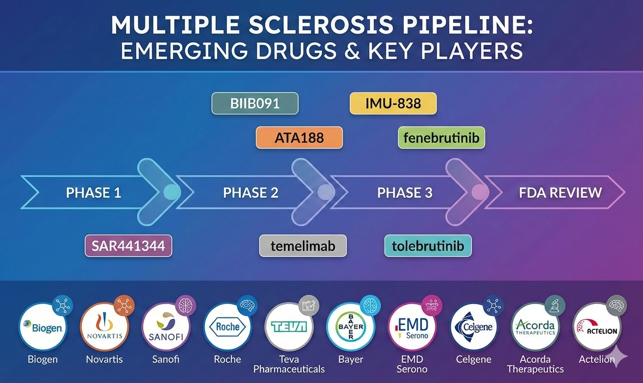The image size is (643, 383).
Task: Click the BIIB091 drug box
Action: pyautogui.click(x=255, y=103)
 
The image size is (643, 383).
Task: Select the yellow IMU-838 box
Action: pyautogui.click(x=393, y=103)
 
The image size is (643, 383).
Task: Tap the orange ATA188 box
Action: pyautogui.click(x=299, y=138)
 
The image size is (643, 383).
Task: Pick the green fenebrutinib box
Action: pyautogui.click(x=441, y=138)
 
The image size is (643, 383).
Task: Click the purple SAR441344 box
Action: pyautogui.click(x=128, y=246)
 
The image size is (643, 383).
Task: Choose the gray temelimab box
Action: pyautogui.click(x=303, y=246)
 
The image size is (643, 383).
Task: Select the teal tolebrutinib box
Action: pyautogui.click(x=428, y=246)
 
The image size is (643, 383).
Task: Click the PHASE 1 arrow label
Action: pyautogui.click(x=93, y=192)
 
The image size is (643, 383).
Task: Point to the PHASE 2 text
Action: pyautogui.click(x=250, y=192)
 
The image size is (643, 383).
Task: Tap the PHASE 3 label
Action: pyautogui.click(x=405, y=192)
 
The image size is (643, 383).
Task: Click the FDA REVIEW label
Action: pyautogui.click(x=560, y=192)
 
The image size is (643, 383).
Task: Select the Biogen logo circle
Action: pyautogui.click(x=43, y=327)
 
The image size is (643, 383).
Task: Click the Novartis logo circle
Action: pyautogui.click(x=104, y=327)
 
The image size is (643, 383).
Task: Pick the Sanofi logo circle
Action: pyautogui.click(x=166, y=327)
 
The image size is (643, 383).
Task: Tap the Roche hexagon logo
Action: pyautogui.click(x=228, y=327)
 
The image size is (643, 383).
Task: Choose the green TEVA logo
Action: pyautogui.click(x=289, y=327)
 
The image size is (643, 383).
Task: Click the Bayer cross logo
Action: pyautogui.click(x=351, y=327)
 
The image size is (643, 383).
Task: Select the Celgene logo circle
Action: pyautogui.click(x=474, y=327)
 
